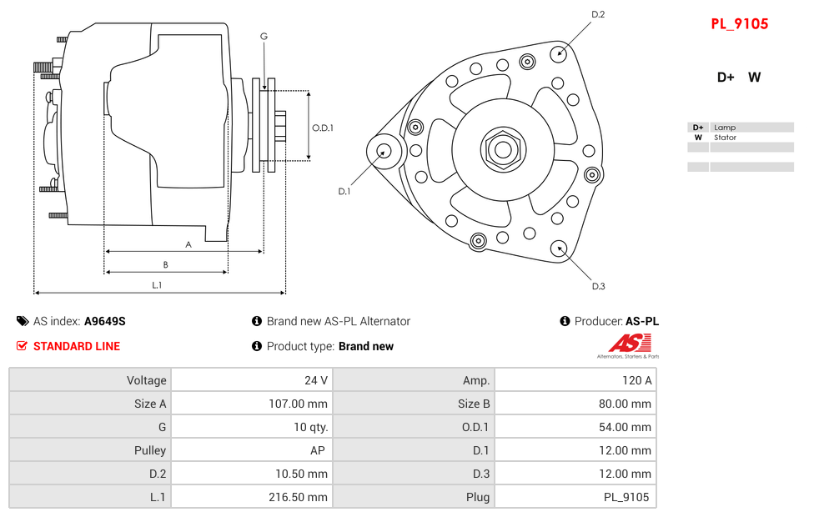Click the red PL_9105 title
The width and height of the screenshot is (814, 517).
pyautogui.click(x=739, y=24)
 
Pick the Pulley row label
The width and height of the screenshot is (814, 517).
pyautogui.click(x=150, y=450)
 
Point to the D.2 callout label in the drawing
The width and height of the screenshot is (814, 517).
pyautogui.click(x=598, y=14)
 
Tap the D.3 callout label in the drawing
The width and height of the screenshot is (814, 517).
pyautogui.click(x=598, y=286)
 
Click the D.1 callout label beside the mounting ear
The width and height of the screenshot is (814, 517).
pyautogui.click(x=344, y=191)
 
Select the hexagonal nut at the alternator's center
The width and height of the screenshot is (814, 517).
pyautogui.click(x=502, y=150)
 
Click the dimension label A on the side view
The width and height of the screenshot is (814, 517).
pyautogui.click(x=188, y=244)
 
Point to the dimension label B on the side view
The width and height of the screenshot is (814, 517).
pyautogui.click(x=165, y=265)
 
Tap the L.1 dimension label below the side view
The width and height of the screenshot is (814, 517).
pyautogui.click(x=157, y=285)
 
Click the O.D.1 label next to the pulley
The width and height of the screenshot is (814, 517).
pyautogui.click(x=323, y=128)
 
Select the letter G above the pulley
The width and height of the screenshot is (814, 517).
pyautogui.click(x=264, y=36)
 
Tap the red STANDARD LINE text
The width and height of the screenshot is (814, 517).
pyautogui.click(x=76, y=346)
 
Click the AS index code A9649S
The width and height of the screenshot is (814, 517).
pyautogui.click(x=104, y=321)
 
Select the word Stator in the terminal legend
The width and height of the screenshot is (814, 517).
pyautogui.click(x=725, y=138)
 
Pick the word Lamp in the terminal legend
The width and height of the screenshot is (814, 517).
pyautogui.click(x=724, y=128)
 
